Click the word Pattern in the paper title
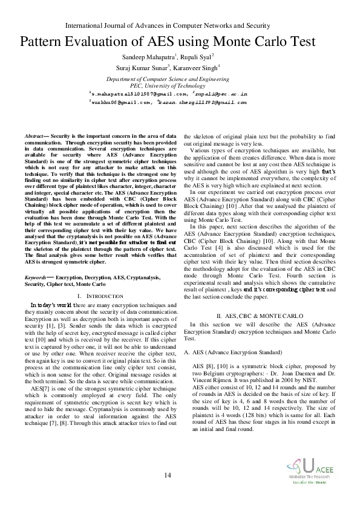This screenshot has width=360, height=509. pos(45,42)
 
